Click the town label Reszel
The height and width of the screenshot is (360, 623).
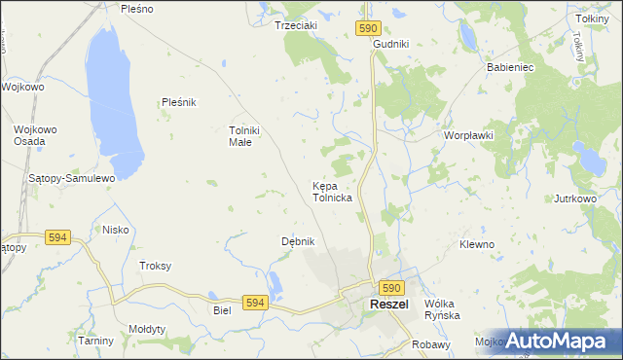pos(388,306)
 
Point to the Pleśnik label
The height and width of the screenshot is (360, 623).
pos(179,102)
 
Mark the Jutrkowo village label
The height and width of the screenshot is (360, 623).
pos(574,198)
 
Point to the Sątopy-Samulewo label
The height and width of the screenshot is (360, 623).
pos(72,178)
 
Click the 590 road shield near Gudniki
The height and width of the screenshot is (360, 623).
pos(367,29)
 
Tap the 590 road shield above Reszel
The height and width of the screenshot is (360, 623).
pos(390,288)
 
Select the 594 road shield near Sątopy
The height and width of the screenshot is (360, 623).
pos(57,236)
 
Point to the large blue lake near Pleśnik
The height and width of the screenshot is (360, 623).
pos(115,97)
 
